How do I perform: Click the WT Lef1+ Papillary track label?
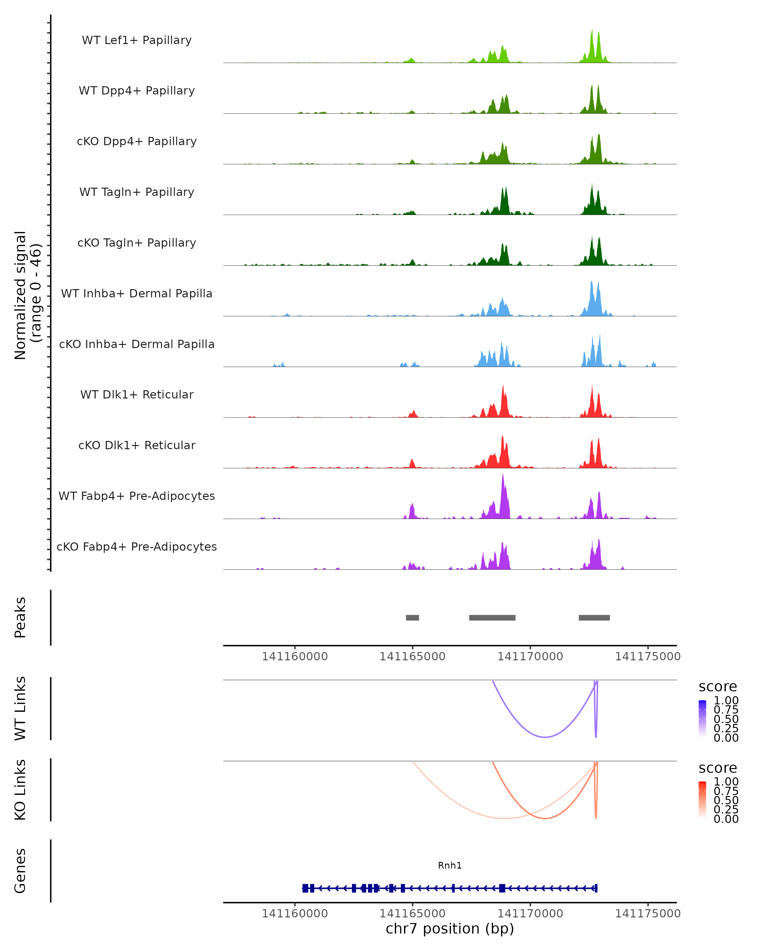coord(137,40)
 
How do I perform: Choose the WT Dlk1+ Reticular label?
coord(137,394)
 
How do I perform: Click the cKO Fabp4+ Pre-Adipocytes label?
coord(137,547)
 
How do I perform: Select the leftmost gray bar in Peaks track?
coord(413,618)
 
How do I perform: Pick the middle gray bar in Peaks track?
coord(492,618)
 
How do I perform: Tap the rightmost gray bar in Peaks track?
coord(594,618)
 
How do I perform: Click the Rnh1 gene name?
coord(450,865)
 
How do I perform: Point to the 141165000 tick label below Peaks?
coord(413,657)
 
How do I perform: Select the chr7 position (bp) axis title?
coord(450,928)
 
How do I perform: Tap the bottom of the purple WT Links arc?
coord(545,737)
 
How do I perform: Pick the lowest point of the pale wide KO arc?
coord(505,818)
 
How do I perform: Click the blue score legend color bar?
coord(702,718)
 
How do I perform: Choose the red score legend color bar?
coord(702,799)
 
